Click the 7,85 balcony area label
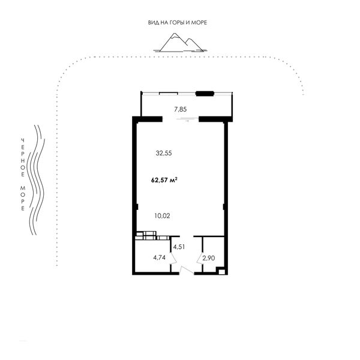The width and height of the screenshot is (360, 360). [180, 110]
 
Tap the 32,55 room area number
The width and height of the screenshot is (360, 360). [164, 153]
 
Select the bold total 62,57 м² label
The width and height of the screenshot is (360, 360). [164, 180]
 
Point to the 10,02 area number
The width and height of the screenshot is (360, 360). [163, 216]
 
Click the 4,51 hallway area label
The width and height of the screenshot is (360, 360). [179, 247]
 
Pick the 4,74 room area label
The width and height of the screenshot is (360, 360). [160, 257]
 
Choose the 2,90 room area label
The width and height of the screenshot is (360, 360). [209, 258]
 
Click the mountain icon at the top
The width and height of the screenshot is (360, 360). [180, 43]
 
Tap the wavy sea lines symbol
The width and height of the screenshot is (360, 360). [36, 180]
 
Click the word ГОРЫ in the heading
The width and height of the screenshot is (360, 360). [177, 23]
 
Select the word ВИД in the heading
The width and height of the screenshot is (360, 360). [152, 23]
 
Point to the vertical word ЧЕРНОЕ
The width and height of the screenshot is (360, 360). [23, 157]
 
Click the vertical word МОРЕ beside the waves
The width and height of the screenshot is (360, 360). [23, 198]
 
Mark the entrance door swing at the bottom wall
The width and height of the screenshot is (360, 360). [187, 270]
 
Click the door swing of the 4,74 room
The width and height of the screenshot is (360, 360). [173, 258]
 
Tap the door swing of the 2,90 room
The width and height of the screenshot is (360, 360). [200, 258]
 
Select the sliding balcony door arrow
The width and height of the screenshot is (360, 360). [187, 121]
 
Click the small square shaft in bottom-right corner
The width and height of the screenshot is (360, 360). [221, 272]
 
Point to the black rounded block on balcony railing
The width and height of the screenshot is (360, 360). [205, 94]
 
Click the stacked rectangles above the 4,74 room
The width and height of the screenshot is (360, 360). [152, 236]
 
